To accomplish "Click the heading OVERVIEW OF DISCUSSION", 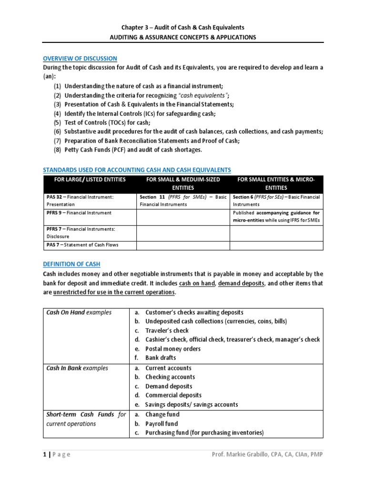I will (80, 58).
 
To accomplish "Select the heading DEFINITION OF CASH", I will (72, 264).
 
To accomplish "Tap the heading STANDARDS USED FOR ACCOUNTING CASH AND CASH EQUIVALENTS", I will (137, 170).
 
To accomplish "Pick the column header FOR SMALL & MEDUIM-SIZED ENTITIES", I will (183, 183).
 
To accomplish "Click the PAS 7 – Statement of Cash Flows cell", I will (82, 245).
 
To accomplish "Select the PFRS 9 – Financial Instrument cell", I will (79, 213).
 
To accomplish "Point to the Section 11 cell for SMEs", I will (183, 200).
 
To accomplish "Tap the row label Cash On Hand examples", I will (79, 313).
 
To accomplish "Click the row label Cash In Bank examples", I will (77, 368).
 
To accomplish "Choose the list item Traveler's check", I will (167, 330).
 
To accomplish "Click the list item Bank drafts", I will (161, 357).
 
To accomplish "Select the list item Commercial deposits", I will (173, 395).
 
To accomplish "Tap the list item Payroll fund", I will (162, 424).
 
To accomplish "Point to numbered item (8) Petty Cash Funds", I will (128, 150).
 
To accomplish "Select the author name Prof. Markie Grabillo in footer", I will (243, 454).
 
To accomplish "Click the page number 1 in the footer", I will (45, 454).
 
